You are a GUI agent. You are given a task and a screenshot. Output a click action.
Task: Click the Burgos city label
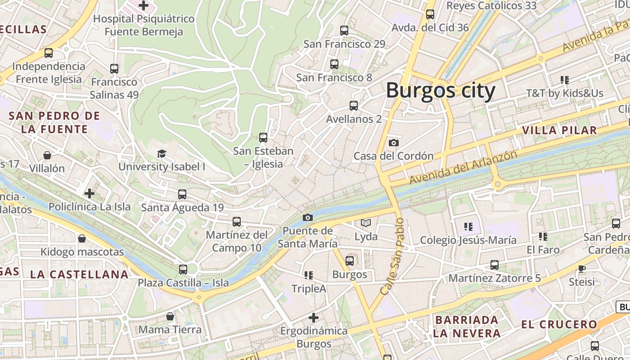tap(441, 91)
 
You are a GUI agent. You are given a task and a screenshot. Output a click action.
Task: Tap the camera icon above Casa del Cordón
tap(394, 143)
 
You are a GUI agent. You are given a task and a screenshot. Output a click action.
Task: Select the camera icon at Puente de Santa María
tap(308, 218)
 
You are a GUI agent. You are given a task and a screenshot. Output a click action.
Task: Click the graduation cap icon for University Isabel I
tap(162, 154)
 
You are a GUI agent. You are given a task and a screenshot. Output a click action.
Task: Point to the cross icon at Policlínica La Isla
tap(90, 194)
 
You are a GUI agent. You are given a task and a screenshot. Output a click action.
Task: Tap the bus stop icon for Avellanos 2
tap(354, 106)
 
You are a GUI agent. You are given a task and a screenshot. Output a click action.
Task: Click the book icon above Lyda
tap(366, 223)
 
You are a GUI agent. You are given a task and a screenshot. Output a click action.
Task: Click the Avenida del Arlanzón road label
tap(463, 167)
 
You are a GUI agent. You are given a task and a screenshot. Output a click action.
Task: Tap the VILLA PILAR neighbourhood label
tap(559, 130)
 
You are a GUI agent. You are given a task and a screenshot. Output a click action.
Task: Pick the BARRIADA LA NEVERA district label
tap(467, 327)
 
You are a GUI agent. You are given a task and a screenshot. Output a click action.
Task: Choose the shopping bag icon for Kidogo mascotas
tap(82, 238)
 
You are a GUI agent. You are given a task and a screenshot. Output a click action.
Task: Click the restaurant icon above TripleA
tap(309, 275)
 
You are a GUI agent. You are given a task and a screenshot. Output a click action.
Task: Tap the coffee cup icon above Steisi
tap(582, 269)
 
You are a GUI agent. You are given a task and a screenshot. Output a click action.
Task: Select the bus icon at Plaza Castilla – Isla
tap(183, 270)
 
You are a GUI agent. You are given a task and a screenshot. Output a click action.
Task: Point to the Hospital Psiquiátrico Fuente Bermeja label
tap(144, 25)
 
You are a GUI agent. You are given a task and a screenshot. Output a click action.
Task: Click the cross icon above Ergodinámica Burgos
tap(314, 318)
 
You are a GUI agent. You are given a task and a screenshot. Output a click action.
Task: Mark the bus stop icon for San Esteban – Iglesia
tap(263, 138)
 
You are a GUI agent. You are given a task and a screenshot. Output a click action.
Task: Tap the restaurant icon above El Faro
tap(543, 236)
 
